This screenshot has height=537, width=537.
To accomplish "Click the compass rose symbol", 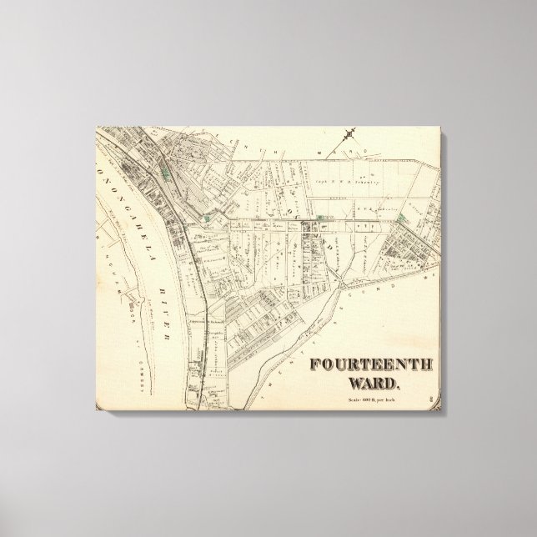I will (353, 133).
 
